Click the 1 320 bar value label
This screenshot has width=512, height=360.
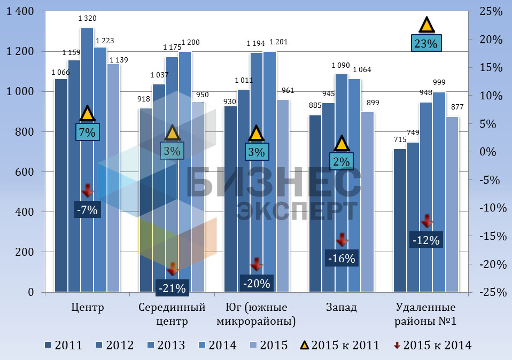[87, 19]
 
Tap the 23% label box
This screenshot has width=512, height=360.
[426, 43]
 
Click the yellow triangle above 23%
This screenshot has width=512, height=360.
[426, 25]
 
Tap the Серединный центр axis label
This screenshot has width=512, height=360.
[172, 314]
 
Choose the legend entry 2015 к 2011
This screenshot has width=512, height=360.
[336, 345]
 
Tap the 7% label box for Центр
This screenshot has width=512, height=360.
[87, 132]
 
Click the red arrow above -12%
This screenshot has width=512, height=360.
[426, 221]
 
